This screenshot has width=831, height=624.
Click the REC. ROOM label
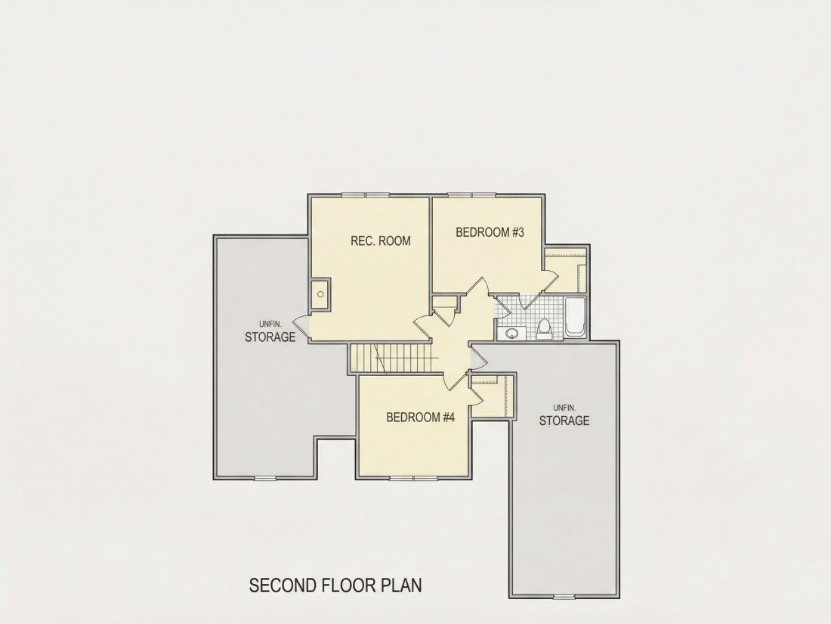point(381,241)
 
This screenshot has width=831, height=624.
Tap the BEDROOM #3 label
point(490,232)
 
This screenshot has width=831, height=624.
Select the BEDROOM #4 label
point(421,417)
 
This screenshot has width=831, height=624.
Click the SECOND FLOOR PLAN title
point(335,585)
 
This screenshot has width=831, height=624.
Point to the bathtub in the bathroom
point(574,318)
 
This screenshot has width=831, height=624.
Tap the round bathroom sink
point(511,334)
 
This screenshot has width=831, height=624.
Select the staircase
point(394,359)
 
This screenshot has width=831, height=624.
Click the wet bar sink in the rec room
point(320,294)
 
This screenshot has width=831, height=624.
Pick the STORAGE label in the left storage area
point(270,337)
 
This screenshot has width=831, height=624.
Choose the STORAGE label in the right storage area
point(564,421)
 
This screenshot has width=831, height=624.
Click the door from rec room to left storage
point(301,327)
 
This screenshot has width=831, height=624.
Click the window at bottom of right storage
point(564,598)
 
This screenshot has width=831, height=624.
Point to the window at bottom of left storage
point(265,479)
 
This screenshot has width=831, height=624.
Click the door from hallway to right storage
point(479,359)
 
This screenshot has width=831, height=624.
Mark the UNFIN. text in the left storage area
point(270,324)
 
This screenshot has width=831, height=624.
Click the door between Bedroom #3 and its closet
point(550,281)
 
